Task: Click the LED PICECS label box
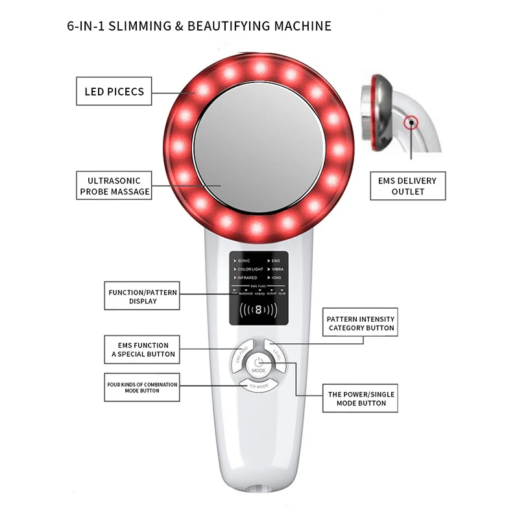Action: tap(114, 91)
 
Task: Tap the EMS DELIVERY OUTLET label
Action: tap(407, 186)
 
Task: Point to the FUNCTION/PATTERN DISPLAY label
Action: tap(143, 296)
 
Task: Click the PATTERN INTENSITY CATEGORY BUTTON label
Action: tap(361, 323)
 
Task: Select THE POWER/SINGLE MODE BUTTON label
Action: tap(361, 398)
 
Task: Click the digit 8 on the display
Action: tap(258, 310)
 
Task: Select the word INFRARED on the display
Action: tap(247, 278)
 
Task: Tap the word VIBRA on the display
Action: tap(278, 269)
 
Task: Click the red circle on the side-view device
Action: tap(409, 122)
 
